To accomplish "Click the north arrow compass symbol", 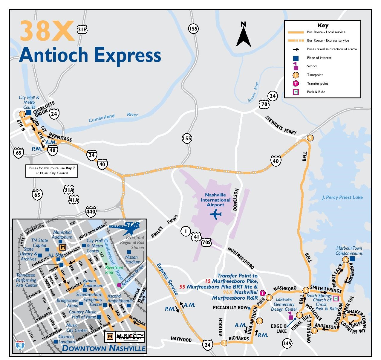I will pyautogui.click(x=244, y=35).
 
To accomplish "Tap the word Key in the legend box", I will pyautogui.click(x=322, y=25).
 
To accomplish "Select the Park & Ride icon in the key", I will pyautogui.click(x=295, y=92).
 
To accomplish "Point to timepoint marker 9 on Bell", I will pyautogui.click(x=310, y=138).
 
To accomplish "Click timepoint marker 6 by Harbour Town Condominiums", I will pyautogui.click(x=345, y=260).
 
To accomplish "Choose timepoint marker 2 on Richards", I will pyautogui.click(x=224, y=343).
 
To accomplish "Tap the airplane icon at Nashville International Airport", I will pyautogui.click(x=215, y=214).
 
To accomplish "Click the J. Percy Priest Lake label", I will pyautogui.click(x=342, y=197).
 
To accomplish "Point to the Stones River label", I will pyautogui.click(x=253, y=92).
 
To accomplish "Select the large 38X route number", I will pyautogui.click(x=47, y=30).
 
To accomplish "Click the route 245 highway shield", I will pyautogui.click(x=287, y=344).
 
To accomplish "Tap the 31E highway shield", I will pyautogui.click(x=82, y=29).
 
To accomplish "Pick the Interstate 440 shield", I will pyautogui.click(x=91, y=212).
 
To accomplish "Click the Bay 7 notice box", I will pyautogui.click(x=52, y=170).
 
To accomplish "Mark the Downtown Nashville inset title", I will pyautogui.click(x=104, y=348).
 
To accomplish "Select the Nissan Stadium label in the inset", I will pyautogui.click(x=131, y=259).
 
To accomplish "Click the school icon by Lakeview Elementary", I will pyautogui.click(x=290, y=316).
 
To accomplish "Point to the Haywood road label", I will pyautogui.click(x=181, y=339).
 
